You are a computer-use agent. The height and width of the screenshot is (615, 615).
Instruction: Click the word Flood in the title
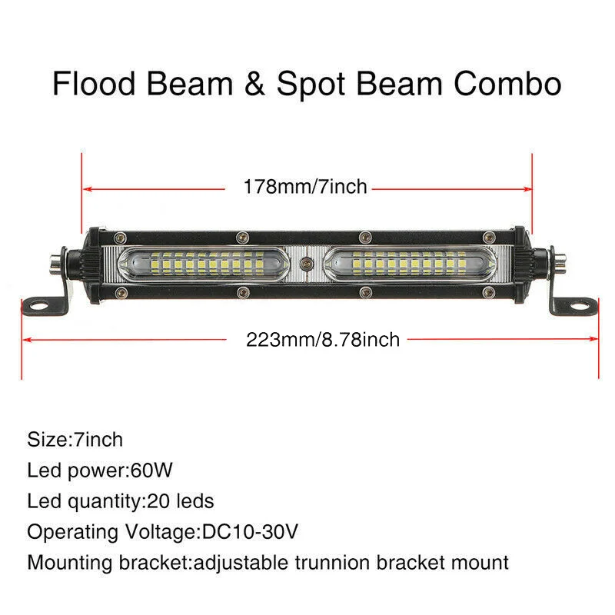coord(94,83)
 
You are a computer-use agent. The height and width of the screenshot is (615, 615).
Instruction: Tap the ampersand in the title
coord(255,84)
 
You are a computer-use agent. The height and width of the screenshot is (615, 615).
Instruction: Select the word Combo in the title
coord(507,84)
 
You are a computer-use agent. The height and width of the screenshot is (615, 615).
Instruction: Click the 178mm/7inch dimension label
coord(305,187)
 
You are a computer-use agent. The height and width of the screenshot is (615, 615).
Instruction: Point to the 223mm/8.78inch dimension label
coord(323,339)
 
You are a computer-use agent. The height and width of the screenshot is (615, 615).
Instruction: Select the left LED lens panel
coord(204,264)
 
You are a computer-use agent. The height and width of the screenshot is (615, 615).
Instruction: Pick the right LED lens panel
coord(409,264)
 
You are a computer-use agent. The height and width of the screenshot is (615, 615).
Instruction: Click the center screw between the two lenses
coord(306,264)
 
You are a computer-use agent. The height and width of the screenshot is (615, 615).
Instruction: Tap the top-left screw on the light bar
coord(120,238)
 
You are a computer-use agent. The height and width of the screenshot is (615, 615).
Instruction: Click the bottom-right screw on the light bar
coord(489,292)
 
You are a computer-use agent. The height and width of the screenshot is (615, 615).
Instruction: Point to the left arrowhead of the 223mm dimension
coord(27,339)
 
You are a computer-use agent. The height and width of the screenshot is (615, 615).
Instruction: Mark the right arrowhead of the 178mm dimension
coord(527,189)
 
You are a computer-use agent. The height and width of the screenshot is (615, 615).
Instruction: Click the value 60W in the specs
coord(151,470)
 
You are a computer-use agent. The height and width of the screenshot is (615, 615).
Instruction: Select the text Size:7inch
coord(75,439)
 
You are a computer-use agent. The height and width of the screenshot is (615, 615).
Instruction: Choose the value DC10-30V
coord(250,531)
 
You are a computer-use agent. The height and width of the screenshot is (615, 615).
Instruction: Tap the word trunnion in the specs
coord(332,563)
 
